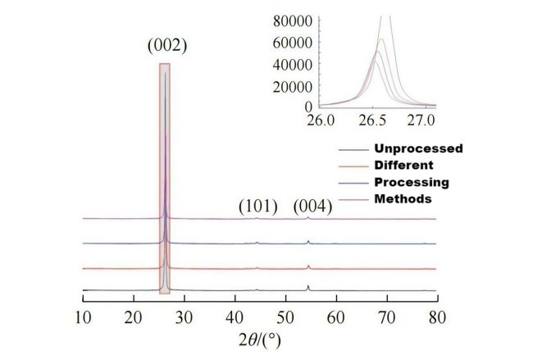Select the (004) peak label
point(312,206)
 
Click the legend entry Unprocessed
point(418,148)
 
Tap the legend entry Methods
point(401,198)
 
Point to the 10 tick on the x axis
point(84,316)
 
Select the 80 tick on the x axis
point(437,316)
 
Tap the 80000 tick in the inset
point(293,19)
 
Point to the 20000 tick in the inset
point(293,85)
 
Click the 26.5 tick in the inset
point(371,121)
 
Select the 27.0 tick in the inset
point(422,121)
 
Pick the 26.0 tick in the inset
point(321,121)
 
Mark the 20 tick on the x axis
point(134,316)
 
